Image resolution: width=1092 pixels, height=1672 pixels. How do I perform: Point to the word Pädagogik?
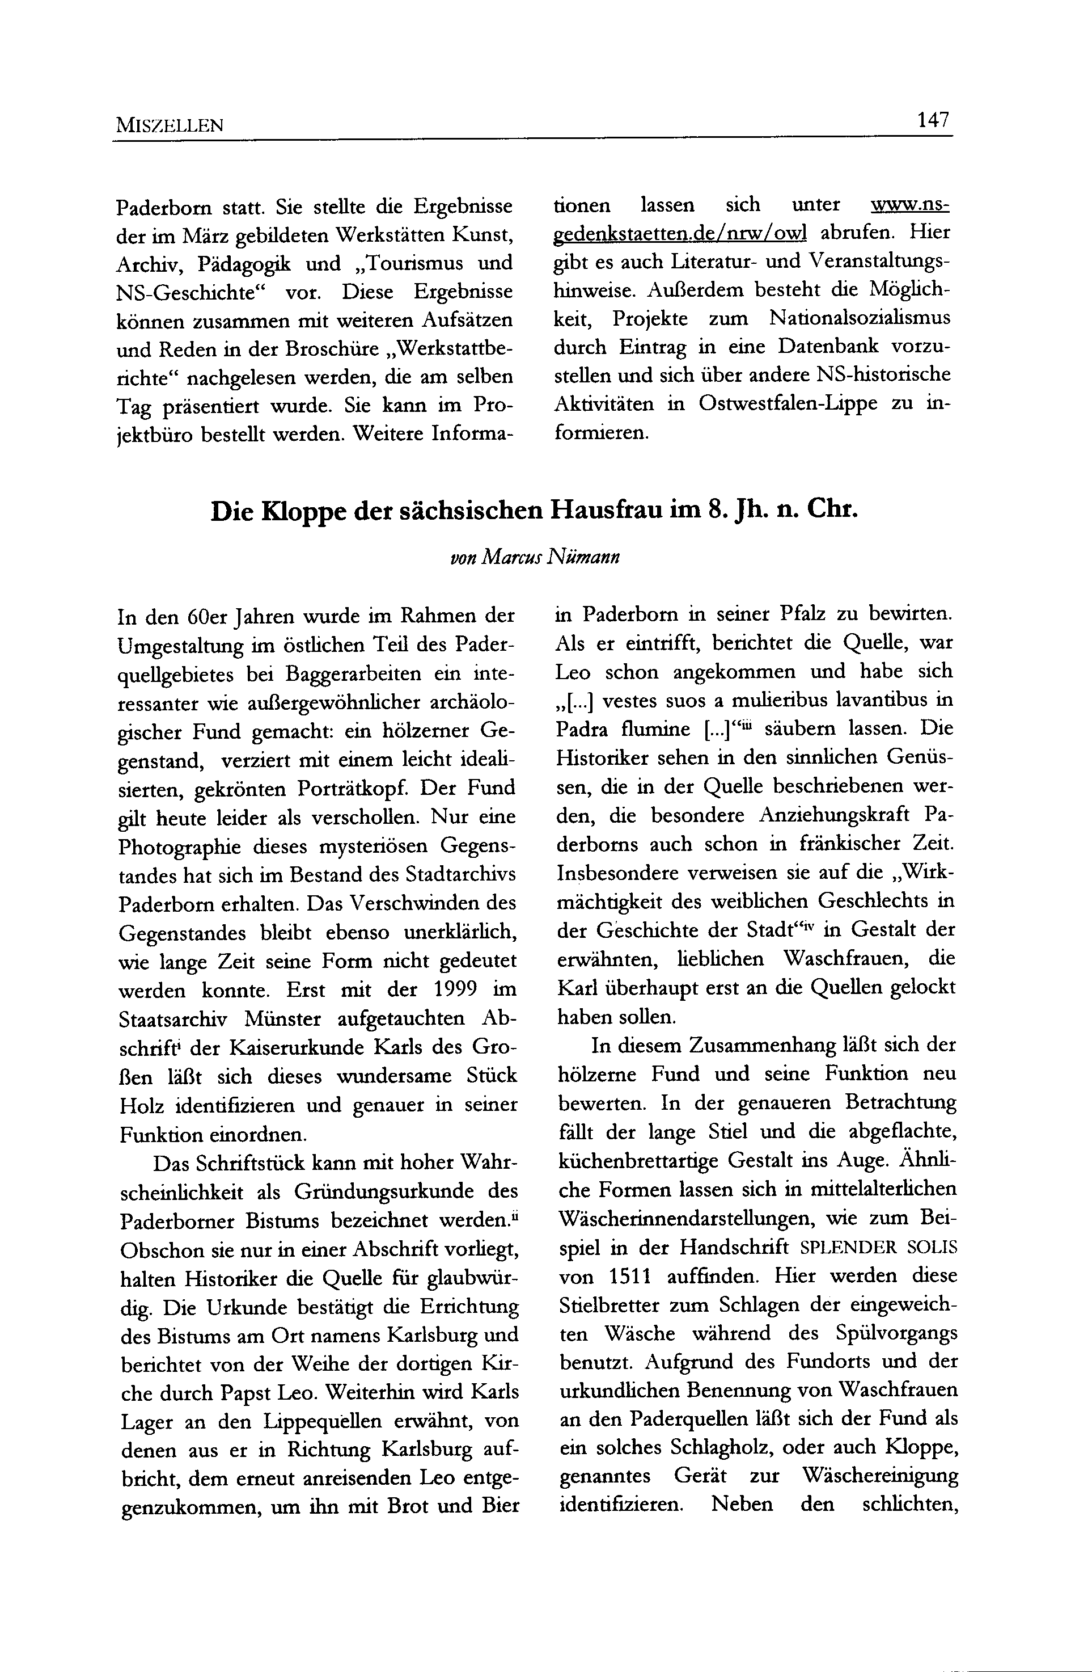244,263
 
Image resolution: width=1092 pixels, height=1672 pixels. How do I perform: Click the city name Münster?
277,1018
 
